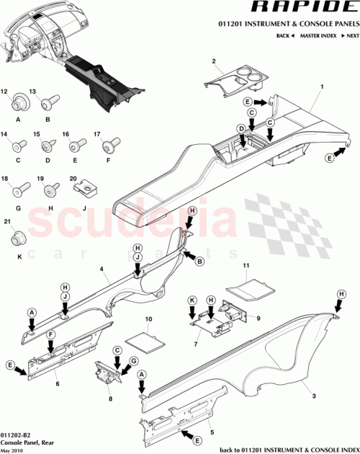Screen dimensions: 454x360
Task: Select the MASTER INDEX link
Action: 317,35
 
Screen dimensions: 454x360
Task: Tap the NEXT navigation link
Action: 350,35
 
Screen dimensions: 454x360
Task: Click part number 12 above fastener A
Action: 15,93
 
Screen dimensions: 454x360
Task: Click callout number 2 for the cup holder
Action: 214,61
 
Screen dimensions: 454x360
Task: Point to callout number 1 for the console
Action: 312,86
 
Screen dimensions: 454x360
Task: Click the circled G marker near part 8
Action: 133,360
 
